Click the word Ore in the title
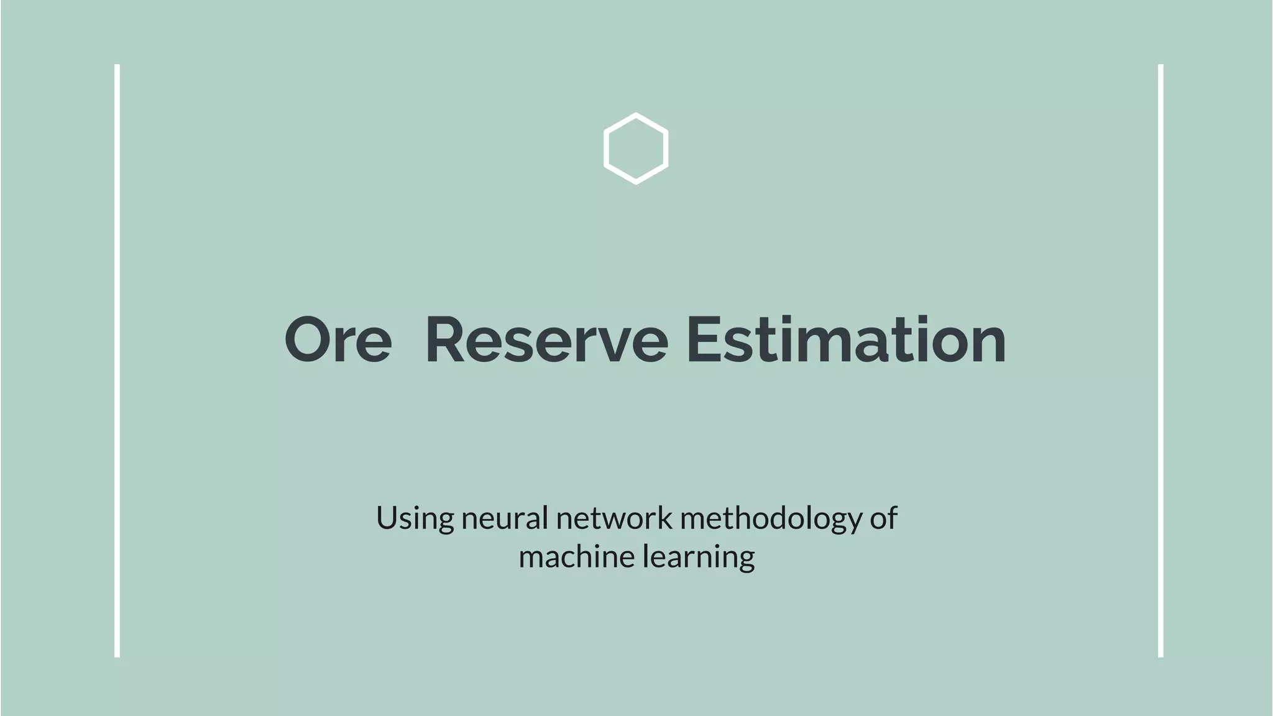[338, 341]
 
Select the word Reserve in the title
[546, 341]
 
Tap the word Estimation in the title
[846, 341]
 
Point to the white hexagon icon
[636, 149]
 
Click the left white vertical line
[117, 360]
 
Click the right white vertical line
[1160, 360]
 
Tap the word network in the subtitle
[614, 518]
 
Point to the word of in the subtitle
[883, 518]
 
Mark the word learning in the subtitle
[698, 556]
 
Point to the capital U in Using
[386, 518]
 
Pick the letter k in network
[664, 518]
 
